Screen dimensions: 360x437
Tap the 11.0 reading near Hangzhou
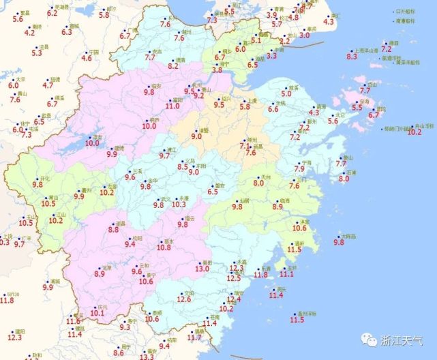pyautogui.click(x=172, y=106)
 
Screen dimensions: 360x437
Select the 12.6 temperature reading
pyautogui.click(x=184, y=299)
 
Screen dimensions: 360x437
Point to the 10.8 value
pyautogui.click(x=164, y=248)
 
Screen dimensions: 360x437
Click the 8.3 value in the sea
pyautogui.click(x=352, y=57)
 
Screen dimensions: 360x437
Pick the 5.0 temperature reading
pyautogui.click(x=286, y=93)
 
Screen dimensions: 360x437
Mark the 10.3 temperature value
pyautogui.click(x=179, y=204)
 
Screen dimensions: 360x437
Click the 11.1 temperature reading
pyautogui.click(x=287, y=274)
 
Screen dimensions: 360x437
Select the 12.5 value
pyautogui.click(x=234, y=278)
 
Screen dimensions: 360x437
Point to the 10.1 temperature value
pyautogui.click(x=97, y=314)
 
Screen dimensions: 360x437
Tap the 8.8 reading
pyautogui.click(x=114, y=230)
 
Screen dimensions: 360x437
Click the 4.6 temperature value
pyautogui.click(x=87, y=59)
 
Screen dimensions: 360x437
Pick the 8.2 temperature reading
pyautogui.click(x=173, y=66)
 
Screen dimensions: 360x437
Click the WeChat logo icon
pyautogui.click(x=368, y=339)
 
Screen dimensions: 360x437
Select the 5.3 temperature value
pyautogui.click(x=36, y=52)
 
